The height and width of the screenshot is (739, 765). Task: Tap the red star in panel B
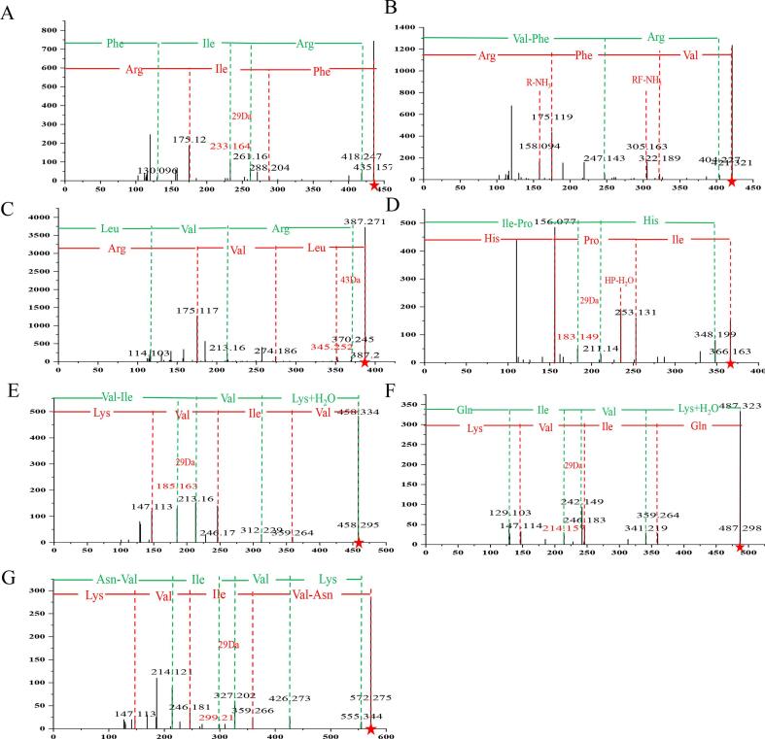coord(731,182)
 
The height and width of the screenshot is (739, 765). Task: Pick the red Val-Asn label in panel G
coord(310,593)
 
